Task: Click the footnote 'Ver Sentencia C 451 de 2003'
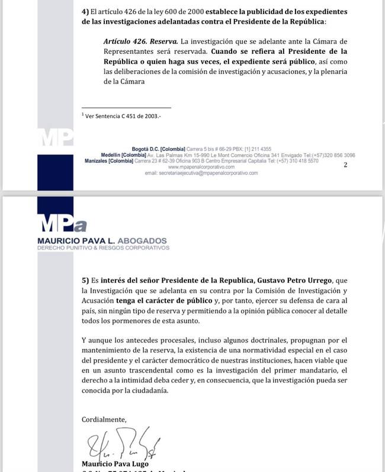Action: point(123,116)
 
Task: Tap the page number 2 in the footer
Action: point(345,164)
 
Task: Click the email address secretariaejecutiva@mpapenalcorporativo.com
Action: point(201,173)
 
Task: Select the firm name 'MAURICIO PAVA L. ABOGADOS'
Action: point(101,241)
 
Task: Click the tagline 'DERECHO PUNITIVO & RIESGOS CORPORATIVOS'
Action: point(103,248)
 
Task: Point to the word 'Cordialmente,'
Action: point(104,419)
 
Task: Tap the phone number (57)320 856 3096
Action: point(335,154)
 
